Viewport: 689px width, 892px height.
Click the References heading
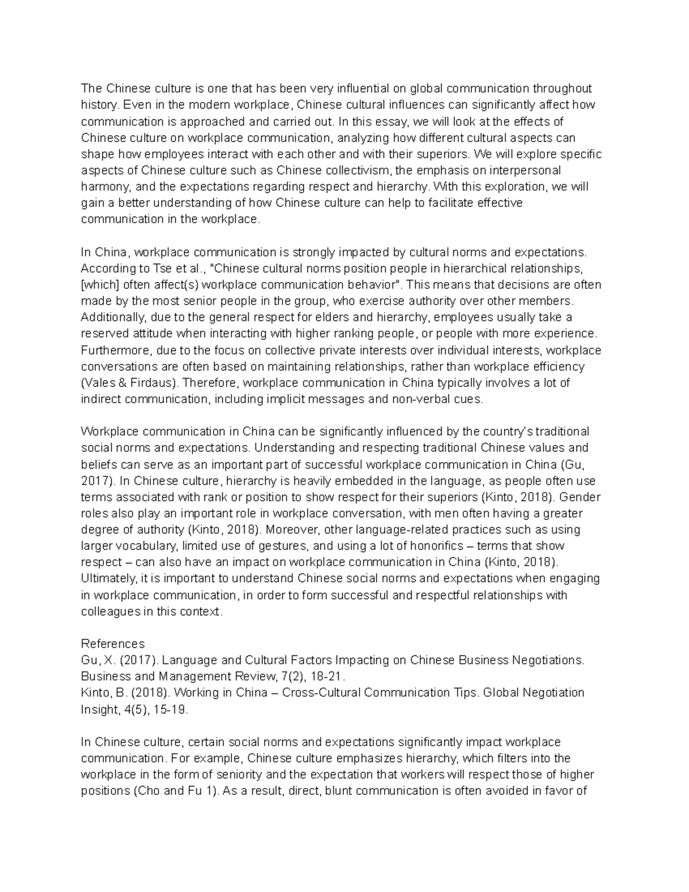113,643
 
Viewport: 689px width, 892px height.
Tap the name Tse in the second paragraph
161,268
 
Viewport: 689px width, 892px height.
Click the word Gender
580,497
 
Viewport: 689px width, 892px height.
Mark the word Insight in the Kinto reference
98,709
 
